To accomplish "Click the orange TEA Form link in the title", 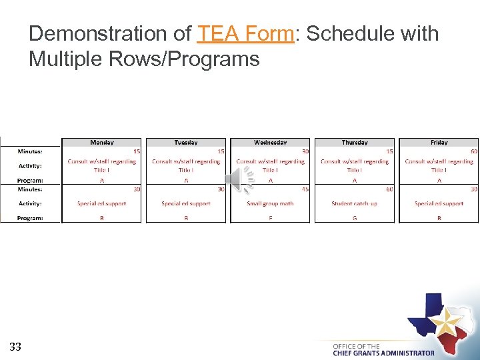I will pyautogui.click(x=245, y=33).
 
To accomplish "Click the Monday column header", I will pyautogui.click(x=101, y=142).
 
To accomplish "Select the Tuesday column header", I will pyautogui.click(x=186, y=142).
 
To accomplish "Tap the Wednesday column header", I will pyautogui.click(x=270, y=142).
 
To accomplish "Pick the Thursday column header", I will pyautogui.click(x=355, y=142).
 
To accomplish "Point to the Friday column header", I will pyautogui.click(x=439, y=142).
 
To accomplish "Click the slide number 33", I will pyautogui.click(x=15, y=346).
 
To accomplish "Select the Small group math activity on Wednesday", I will pyautogui.click(x=270, y=203).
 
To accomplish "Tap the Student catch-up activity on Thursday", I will pyautogui.click(x=354, y=203).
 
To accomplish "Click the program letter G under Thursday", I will pyautogui.click(x=354, y=218).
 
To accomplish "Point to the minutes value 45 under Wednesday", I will pyautogui.click(x=305, y=189).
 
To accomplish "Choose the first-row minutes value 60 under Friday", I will pyautogui.click(x=473, y=151).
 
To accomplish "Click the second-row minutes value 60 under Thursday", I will pyautogui.click(x=389, y=189).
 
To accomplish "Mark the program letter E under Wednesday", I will pyautogui.click(x=270, y=218).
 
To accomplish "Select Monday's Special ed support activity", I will pyautogui.click(x=101, y=203).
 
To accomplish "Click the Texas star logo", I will pyautogui.click(x=440, y=320).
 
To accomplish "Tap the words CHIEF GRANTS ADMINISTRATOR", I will pyautogui.click(x=383, y=353).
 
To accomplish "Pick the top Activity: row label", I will pyautogui.click(x=30, y=165).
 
